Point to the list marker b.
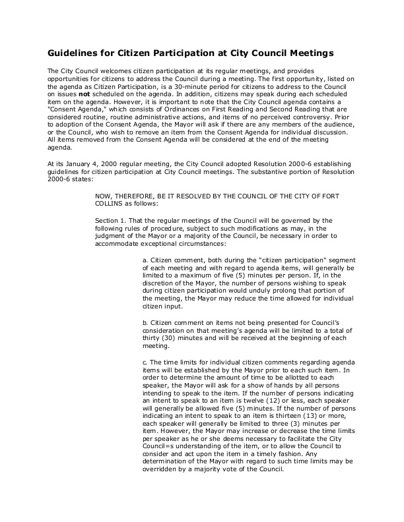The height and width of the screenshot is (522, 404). [x=145, y=322]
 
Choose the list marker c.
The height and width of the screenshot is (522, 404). [x=145, y=362]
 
